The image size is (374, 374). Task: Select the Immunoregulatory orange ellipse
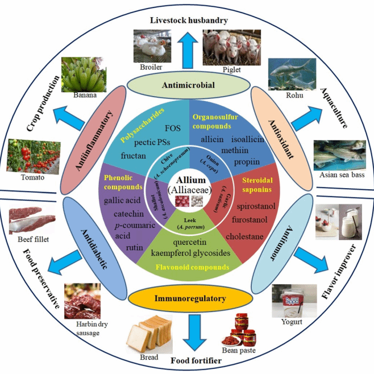coord(186,298)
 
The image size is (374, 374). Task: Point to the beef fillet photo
coord(31,222)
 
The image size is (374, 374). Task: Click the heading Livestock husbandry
coord(189,20)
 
